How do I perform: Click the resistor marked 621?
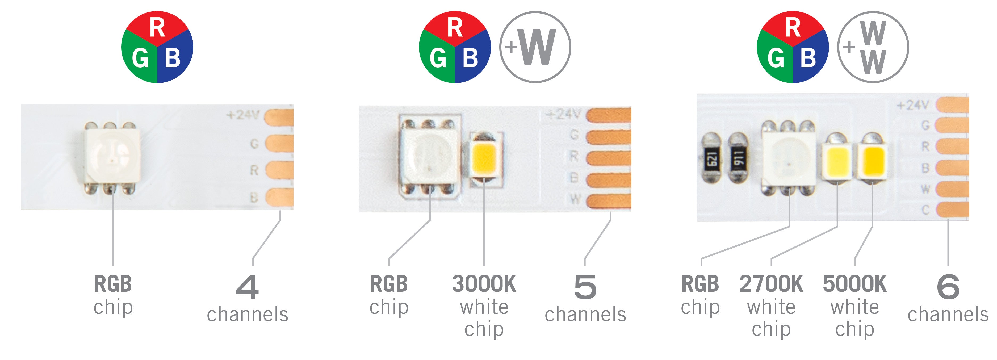click(711, 158)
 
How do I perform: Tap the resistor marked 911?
click(738, 158)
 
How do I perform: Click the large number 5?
click(585, 287)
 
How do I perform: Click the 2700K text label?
click(771, 284)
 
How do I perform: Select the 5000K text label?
click(854, 284)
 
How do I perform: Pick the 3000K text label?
click(484, 284)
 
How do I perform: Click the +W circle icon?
click(535, 47)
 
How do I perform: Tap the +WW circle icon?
click(873, 47)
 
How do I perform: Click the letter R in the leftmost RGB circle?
click(157, 28)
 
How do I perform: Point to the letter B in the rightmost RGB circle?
click(808, 58)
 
